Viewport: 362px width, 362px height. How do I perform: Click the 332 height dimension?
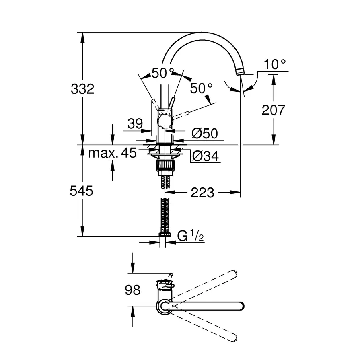pyautogui.click(x=82, y=88)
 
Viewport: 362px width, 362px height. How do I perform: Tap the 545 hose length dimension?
pyautogui.click(x=81, y=191)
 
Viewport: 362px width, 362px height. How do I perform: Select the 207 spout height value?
pyautogui.click(x=273, y=110)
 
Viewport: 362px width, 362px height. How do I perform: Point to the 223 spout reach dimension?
pyautogui.click(x=203, y=193)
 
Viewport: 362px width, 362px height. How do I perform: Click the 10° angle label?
pyautogui.click(x=275, y=64)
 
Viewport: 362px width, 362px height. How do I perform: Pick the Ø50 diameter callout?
pyautogui.click(x=205, y=134)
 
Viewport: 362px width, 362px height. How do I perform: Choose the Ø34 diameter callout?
pyautogui.click(x=205, y=156)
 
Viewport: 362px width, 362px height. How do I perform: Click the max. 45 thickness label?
pyautogui.click(x=112, y=153)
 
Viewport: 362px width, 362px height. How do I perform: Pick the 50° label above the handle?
pyautogui.click(x=162, y=73)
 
